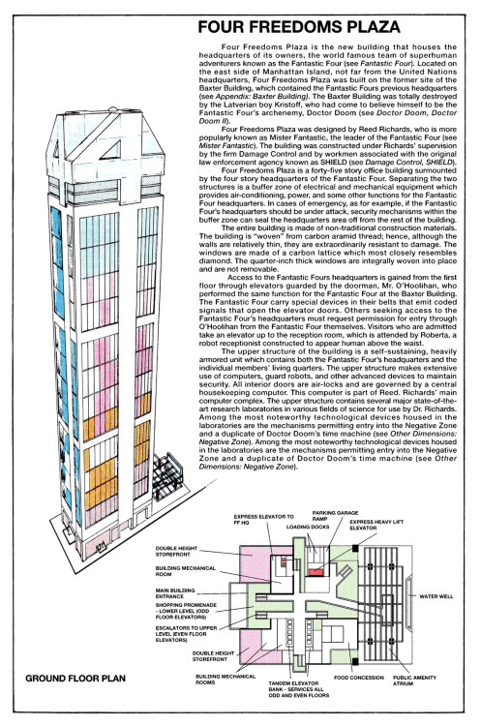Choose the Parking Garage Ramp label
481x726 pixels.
[x=327, y=517]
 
